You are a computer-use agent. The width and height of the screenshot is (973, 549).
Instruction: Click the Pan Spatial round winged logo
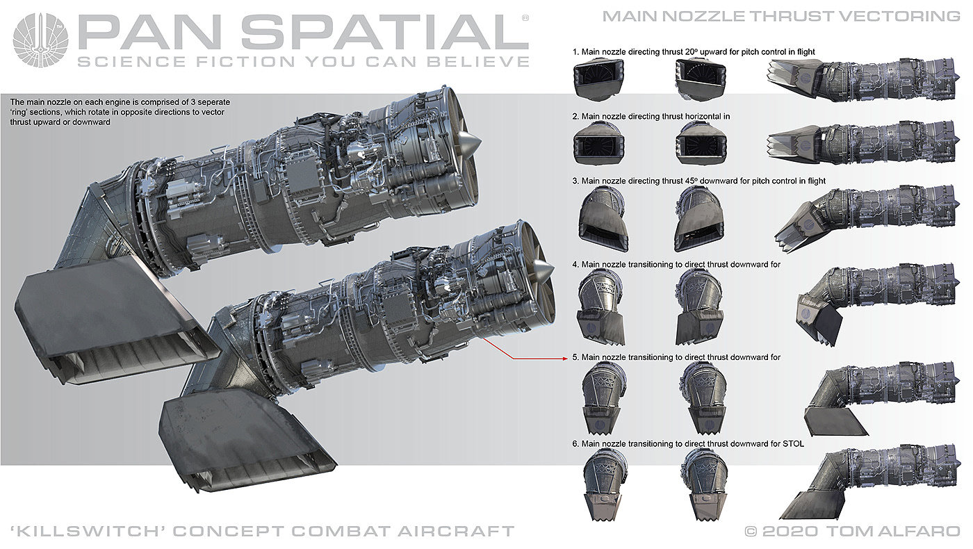tap(40, 40)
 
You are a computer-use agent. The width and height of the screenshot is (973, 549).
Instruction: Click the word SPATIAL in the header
tap(385, 32)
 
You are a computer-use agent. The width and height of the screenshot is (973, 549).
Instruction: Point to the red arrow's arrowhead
tap(564, 359)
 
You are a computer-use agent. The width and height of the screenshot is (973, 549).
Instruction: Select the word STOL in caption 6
tap(793, 443)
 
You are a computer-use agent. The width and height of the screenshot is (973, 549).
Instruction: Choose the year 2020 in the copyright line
tap(790, 531)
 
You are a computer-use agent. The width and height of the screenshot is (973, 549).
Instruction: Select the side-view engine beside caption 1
tap(863, 79)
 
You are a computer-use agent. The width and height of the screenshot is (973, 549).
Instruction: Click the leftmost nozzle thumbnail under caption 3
tap(603, 220)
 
